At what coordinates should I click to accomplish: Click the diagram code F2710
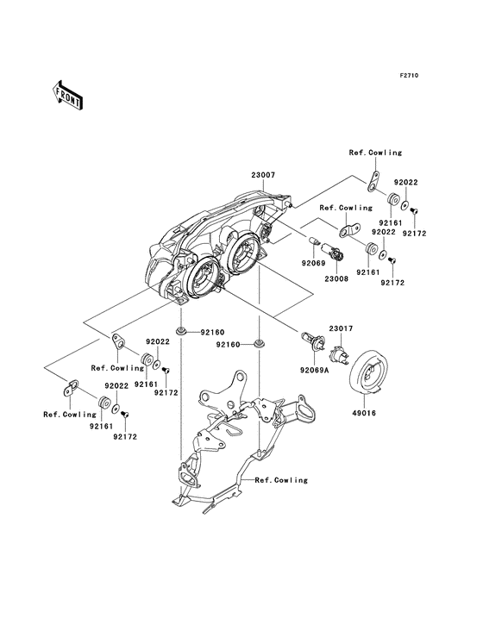coord(408,76)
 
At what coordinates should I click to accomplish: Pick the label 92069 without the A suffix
coord(312,261)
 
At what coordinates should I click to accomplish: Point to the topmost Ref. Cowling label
coord(375,153)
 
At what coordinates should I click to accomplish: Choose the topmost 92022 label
coord(406,184)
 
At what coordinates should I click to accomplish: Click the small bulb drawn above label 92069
coord(316,237)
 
